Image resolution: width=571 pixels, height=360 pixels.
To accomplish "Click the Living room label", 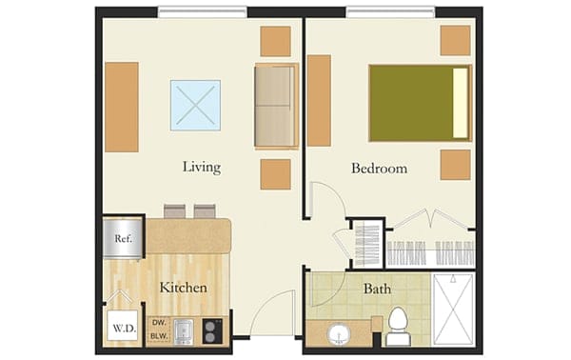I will coord(202,168).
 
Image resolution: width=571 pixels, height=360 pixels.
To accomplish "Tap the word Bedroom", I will coord(379,169).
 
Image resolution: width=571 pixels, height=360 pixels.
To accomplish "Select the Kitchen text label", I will coord(183,287).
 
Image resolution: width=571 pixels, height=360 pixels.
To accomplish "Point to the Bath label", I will coord(377,287).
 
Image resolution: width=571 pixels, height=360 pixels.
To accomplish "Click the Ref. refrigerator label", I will coord(123,238).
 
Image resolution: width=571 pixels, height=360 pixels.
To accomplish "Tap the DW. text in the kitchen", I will coord(159,323).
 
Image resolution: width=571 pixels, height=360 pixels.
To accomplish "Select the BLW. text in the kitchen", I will coord(159,335).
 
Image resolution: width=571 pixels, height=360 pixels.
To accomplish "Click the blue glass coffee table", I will coord(196,105).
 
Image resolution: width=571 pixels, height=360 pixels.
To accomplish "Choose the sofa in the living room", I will coord(275,106).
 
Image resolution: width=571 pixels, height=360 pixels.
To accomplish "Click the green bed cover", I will coord(410,103).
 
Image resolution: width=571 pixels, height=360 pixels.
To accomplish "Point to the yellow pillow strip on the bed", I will coord(462,103).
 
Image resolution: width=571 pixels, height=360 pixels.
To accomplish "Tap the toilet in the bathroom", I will coord(398,327).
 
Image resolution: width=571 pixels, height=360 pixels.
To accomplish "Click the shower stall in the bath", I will coord(453,308).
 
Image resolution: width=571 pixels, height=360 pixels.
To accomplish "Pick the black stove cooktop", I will coord(212,330).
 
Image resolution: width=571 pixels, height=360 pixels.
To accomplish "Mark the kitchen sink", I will coord(185,330).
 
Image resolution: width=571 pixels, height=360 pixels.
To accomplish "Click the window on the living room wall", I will coord(202,12).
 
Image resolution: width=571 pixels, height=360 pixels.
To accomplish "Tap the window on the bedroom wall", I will coord(390,12).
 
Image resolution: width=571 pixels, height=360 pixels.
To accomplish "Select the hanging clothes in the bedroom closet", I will coord(429,252).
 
